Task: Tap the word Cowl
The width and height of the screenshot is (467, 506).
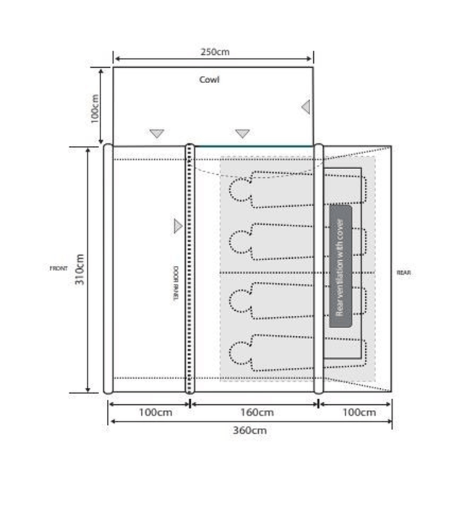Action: (x=210, y=80)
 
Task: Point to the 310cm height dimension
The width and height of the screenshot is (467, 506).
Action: (x=81, y=268)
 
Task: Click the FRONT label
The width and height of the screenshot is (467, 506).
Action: (x=59, y=268)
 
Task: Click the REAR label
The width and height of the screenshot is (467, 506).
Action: (x=404, y=273)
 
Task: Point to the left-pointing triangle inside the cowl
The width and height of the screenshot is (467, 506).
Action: (x=306, y=108)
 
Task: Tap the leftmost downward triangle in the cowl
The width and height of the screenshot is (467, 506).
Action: (x=157, y=134)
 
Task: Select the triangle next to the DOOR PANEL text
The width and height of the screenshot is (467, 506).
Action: (x=178, y=226)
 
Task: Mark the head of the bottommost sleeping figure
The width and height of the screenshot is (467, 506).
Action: (x=238, y=352)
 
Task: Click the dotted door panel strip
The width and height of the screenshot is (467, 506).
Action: (x=190, y=268)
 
